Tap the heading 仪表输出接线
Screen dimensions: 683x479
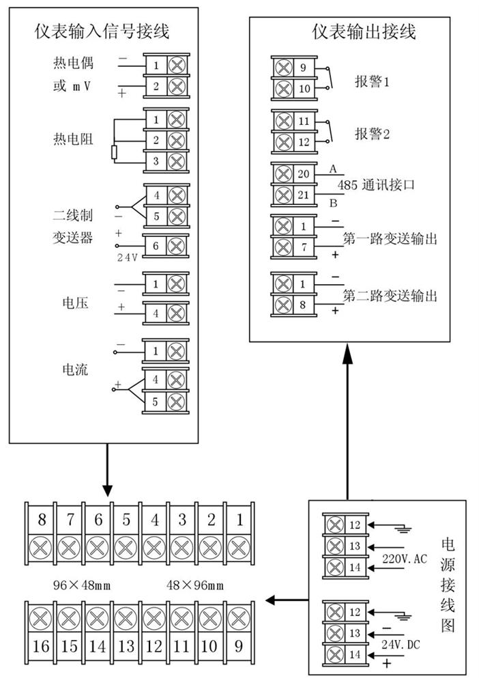tap(364, 31)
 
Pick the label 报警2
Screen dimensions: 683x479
tap(372, 133)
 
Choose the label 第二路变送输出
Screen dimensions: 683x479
tap(390, 296)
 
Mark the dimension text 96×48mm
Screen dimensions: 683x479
tap(82, 585)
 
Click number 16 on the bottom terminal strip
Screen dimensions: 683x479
tap(42, 645)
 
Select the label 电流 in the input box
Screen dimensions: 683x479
tap(75, 370)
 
